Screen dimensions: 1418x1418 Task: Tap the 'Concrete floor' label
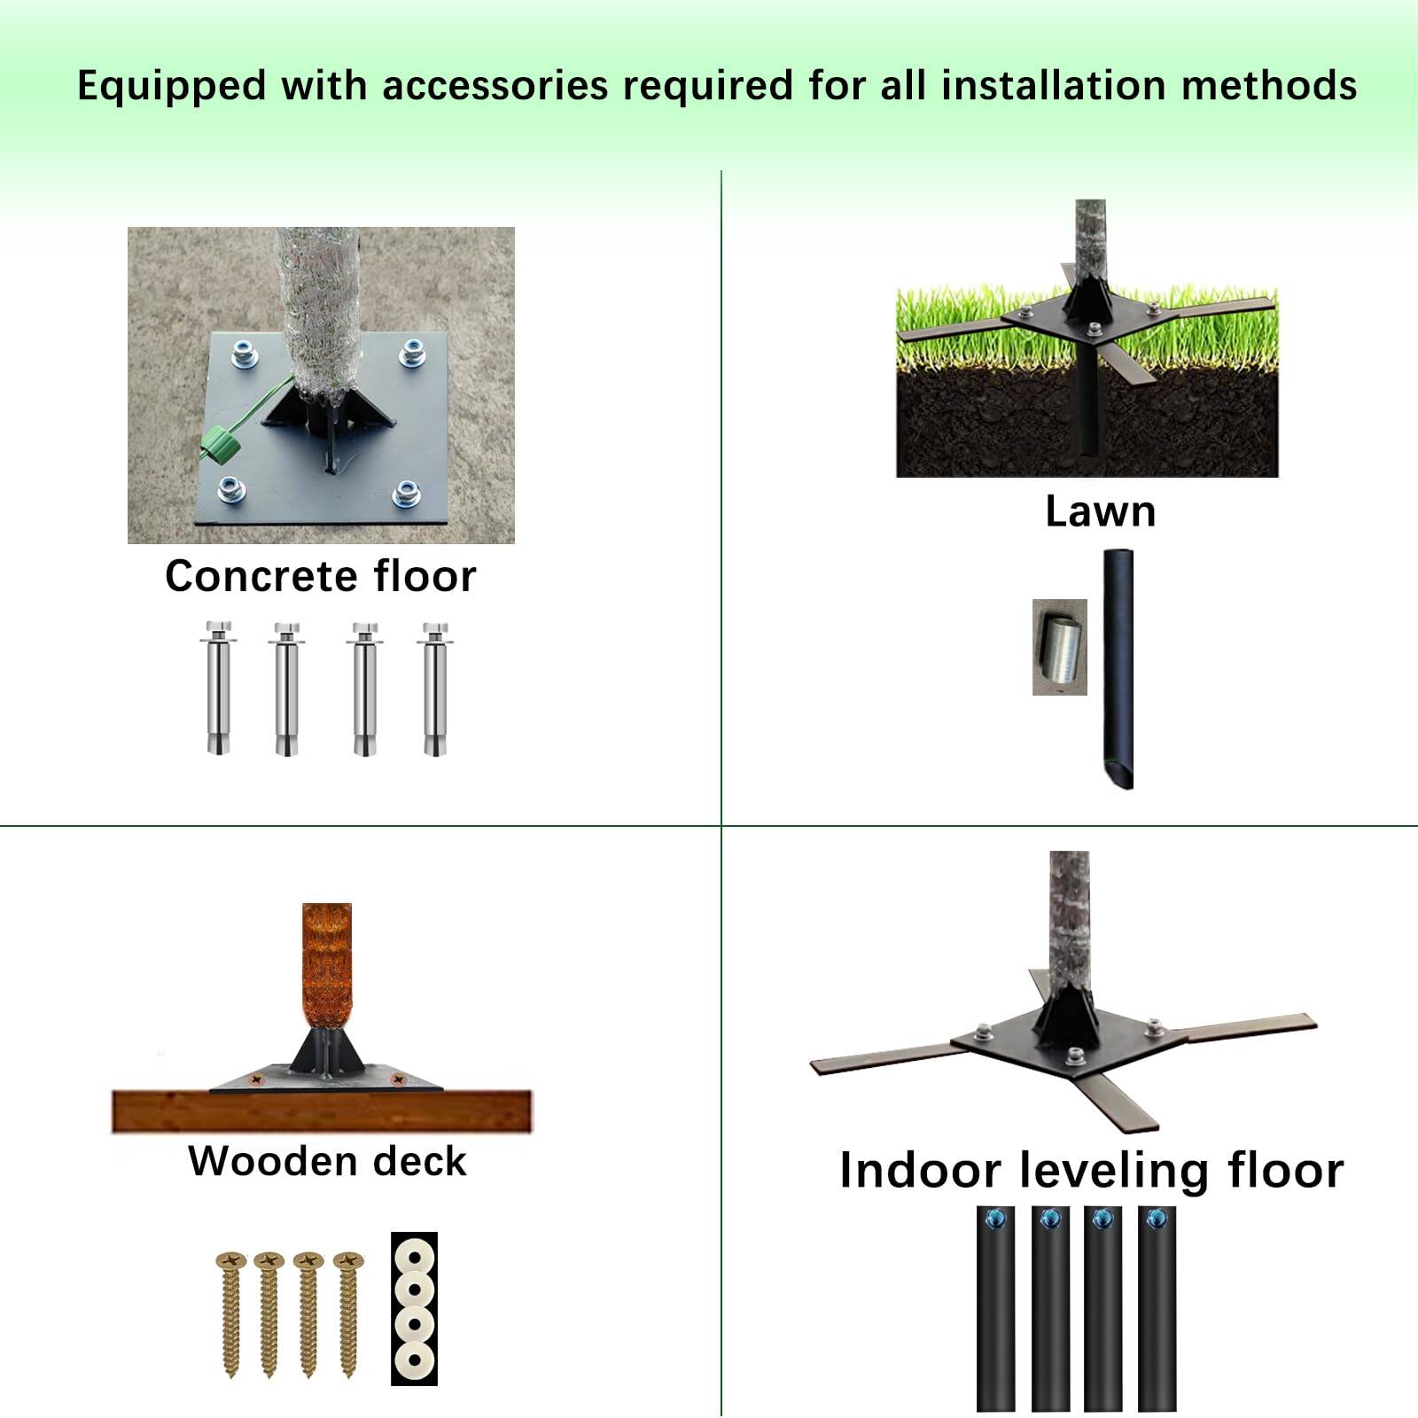320,576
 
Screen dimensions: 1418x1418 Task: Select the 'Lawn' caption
1100,511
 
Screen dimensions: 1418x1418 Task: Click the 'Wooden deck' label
327,1161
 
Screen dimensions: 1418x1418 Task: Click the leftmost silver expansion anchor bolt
216,689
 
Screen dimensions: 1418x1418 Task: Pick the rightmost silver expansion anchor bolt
435,689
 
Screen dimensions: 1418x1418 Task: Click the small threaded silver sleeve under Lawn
1059,646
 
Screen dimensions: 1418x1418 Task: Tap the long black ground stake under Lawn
1118,668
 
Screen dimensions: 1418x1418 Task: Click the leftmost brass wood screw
230,1313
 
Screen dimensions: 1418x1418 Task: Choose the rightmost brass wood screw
348,1313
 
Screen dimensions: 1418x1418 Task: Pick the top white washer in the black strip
414,1257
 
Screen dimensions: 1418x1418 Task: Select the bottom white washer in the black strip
414,1357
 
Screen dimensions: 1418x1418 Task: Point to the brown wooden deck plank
321,1111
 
